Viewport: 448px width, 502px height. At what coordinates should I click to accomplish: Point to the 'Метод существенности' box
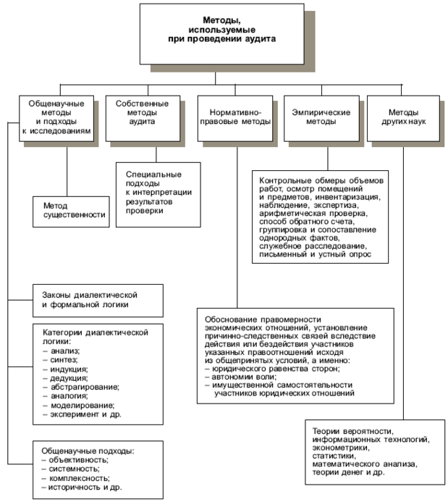69,211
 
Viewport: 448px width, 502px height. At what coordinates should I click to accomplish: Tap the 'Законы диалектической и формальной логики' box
89,299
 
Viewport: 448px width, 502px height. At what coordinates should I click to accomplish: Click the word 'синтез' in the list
64,359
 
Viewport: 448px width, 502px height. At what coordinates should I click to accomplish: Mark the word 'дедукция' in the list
69,378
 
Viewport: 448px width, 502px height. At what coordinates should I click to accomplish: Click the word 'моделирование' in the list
80,406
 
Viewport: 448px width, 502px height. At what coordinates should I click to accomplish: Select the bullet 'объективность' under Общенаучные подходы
78,460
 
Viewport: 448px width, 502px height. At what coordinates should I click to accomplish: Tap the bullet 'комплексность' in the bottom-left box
79,479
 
